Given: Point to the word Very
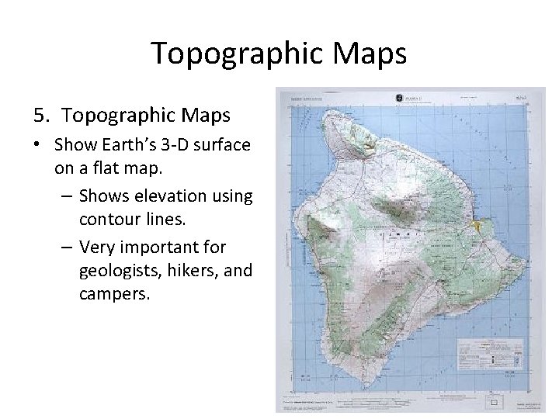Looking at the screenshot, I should tap(96, 248).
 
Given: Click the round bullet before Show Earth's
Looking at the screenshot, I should tap(38, 145).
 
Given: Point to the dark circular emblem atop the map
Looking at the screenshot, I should tap(398, 98).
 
